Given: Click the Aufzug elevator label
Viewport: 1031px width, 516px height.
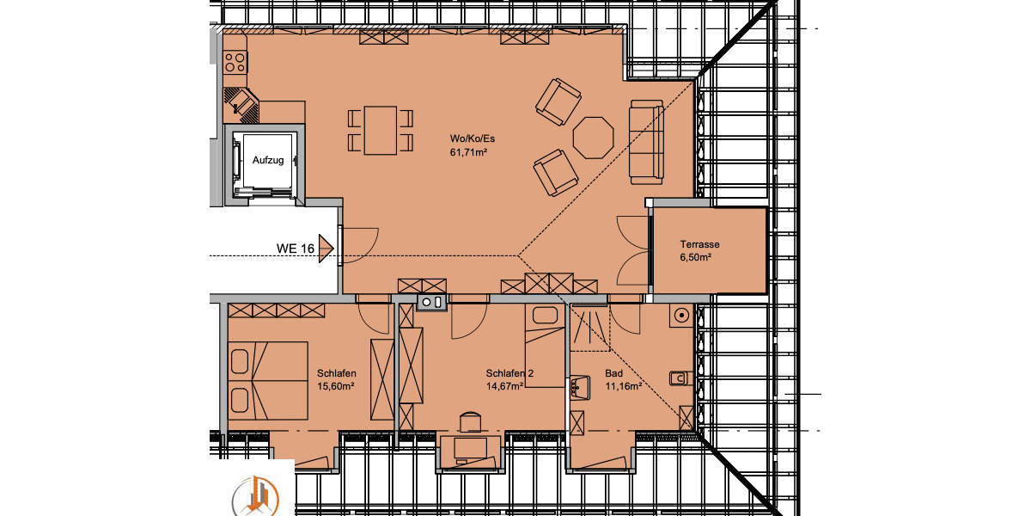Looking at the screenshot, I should click(267, 160).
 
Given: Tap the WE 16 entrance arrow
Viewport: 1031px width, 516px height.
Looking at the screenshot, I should click(326, 249).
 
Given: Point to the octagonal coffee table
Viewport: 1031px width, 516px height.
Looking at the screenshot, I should click(593, 138).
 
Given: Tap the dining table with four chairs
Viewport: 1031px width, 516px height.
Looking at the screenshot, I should click(380, 130).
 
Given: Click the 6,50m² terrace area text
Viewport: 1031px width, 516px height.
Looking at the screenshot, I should click(696, 257).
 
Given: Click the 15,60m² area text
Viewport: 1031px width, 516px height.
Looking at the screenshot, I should click(336, 386).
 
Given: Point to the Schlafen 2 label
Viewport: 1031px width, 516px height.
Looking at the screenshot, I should click(509, 373).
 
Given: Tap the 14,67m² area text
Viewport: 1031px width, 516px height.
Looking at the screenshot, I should click(505, 386).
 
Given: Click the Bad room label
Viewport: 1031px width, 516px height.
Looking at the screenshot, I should click(613, 373).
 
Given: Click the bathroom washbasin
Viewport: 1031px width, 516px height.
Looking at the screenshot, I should click(578, 385).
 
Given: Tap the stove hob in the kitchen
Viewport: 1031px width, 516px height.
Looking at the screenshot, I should click(235, 62).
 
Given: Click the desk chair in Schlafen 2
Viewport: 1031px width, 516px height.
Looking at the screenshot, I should click(468, 421).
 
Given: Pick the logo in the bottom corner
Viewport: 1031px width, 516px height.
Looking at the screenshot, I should click(254, 494).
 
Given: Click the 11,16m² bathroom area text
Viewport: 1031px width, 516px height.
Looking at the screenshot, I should click(624, 386).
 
